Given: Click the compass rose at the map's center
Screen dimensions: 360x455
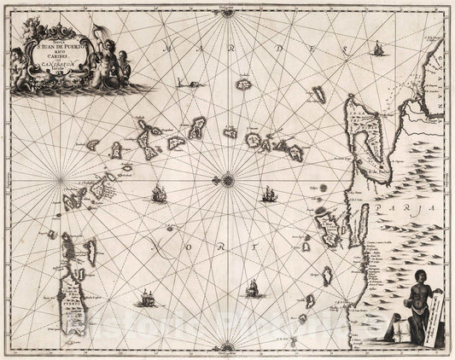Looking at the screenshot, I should point(228,179).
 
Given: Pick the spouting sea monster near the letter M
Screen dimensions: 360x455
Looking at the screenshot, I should point(184,84).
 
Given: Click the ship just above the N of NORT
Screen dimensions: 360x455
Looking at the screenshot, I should point(159,195).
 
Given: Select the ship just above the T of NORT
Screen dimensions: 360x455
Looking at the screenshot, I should point(268,195).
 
